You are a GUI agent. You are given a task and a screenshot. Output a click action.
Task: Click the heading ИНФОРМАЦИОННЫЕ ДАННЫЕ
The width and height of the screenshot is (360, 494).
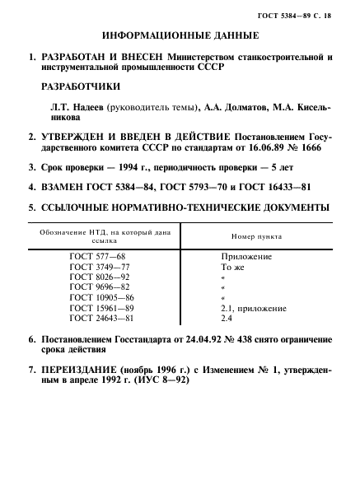179,37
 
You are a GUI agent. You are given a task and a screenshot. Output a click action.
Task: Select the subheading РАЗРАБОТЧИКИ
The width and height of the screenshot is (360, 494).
79,86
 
